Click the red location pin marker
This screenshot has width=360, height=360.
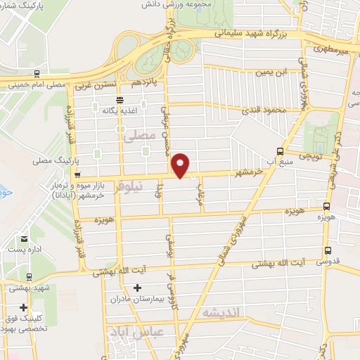[181, 165]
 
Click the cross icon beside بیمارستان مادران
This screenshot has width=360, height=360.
[137, 287]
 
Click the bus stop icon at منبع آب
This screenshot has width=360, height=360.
[281, 151]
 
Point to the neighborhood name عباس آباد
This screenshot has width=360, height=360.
[159, 331]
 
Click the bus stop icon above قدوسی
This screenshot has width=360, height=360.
[327, 250]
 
